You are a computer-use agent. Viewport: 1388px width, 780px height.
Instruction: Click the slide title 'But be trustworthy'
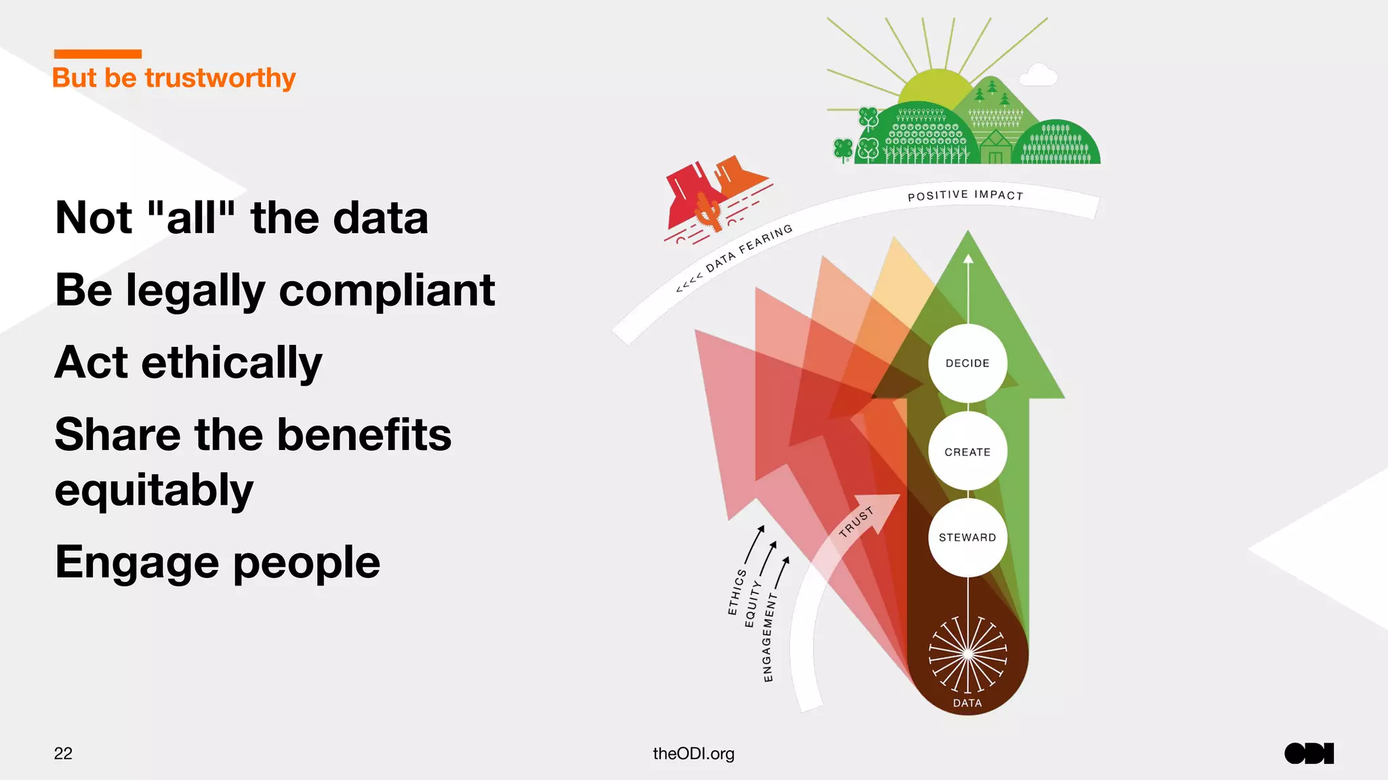point(173,78)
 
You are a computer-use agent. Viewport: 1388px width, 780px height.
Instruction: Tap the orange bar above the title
point(98,54)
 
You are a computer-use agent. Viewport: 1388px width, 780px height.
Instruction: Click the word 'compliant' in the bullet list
point(386,290)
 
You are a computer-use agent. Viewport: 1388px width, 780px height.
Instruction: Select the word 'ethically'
point(231,363)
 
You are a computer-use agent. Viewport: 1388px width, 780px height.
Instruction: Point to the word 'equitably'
point(154,489)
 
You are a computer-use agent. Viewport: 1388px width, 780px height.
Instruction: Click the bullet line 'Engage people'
point(217,562)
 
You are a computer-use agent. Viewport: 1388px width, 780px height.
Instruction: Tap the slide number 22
point(63,754)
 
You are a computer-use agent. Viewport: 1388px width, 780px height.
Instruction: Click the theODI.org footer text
point(693,754)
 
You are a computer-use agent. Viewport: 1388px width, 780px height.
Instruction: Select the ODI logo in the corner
point(1309,754)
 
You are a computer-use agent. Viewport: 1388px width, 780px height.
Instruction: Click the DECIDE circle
point(967,363)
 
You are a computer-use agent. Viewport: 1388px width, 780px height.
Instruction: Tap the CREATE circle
point(967,451)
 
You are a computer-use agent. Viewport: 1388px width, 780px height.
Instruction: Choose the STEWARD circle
point(967,537)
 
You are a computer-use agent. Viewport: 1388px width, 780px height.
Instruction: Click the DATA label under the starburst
point(967,703)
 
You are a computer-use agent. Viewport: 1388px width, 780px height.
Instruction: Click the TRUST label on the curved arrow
point(856,522)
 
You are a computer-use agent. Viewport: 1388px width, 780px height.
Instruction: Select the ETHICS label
point(737,592)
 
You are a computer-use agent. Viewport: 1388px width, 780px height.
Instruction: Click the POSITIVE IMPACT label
point(965,195)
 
